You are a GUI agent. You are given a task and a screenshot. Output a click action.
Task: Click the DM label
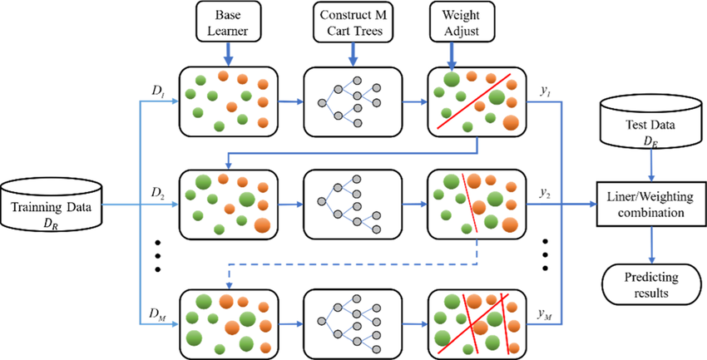(x=161, y=312)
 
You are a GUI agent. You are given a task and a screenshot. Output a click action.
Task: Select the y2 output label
(x=545, y=192)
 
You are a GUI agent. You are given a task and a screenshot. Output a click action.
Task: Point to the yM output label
(x=546, y=312)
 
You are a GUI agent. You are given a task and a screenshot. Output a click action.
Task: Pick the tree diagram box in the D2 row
(x=347, y=205)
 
